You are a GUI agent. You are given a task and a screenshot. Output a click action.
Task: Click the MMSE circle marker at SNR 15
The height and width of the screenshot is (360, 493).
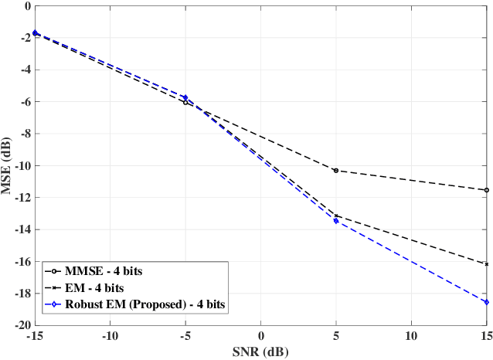(486, 190)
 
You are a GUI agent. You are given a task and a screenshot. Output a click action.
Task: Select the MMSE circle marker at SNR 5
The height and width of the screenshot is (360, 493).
(335, 170)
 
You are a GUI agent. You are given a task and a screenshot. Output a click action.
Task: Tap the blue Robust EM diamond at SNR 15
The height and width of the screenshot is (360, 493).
(486, 302)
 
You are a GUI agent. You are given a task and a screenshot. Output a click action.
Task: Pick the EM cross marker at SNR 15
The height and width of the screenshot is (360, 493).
(486, 264)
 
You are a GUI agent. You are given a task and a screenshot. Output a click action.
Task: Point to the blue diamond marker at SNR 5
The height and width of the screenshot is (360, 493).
(335, 221)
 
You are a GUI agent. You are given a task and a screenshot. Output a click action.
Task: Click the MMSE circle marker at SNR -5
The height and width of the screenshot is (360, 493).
(185, 102)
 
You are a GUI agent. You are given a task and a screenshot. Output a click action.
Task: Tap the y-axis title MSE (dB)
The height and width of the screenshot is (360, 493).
(8, 165)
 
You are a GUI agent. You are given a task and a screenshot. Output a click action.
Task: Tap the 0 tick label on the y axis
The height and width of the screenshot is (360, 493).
(27, 5)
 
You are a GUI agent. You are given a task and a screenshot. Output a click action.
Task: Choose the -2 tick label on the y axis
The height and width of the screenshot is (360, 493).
(24, 38)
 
